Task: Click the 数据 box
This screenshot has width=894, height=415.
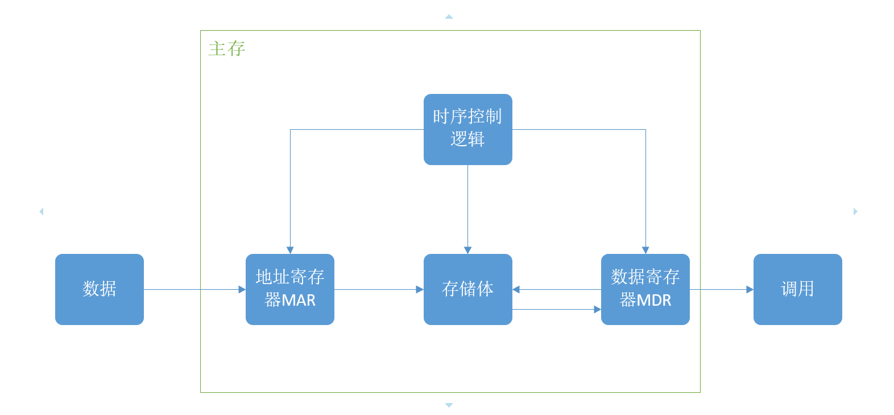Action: tap(100, 289)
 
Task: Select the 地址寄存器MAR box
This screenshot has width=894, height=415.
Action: tap(289, 289)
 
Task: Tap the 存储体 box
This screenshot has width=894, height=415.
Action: tap(467, 289)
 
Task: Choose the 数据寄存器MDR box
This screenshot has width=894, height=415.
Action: tap(645, 289)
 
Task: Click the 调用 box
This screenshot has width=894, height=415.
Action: tap(798, 289)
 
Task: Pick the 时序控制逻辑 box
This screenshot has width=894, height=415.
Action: tap(467, 129)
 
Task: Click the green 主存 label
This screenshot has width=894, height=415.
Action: tap(227, 49)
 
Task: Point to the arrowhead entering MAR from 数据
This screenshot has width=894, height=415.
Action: tap(242, 289)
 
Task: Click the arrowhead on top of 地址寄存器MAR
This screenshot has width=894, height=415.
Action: tap(290, 250)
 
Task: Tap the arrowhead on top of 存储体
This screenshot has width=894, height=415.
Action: tap(467, 250)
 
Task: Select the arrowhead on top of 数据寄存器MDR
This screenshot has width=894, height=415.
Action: tap(645, 250)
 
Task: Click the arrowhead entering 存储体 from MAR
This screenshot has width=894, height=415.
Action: tap(420, 289)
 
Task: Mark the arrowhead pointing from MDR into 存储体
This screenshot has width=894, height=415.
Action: tap(516, 289)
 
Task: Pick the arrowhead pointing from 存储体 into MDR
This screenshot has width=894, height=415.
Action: tap(598, 309)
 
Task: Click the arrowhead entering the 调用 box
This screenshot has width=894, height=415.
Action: tap(750, 289)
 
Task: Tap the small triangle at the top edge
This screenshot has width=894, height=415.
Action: tap(449, 17)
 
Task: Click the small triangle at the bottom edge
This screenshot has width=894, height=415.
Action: tap(449, 405)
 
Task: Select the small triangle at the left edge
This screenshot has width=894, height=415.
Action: tap(42, 211)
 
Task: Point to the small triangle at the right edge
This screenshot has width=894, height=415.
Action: tap(855, 211)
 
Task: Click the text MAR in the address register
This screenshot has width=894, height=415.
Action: tap(299, 301)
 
